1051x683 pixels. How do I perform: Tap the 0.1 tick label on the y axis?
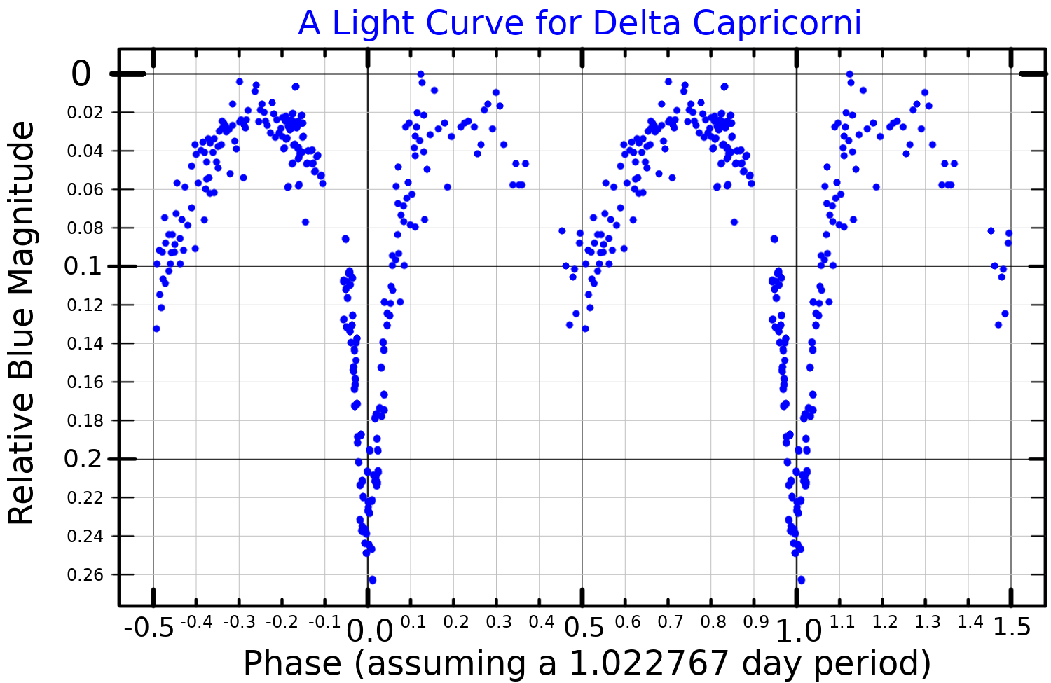click(x=82, y=266)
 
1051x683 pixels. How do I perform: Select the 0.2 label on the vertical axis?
click(x=82, y=459)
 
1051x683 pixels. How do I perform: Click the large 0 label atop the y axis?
click(x=81, y=74)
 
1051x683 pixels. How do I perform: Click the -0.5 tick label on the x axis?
click(x=149, y=628)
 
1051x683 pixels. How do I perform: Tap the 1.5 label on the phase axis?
click(x=1012, y=627)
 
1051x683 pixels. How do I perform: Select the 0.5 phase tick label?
click(x=584, y=628)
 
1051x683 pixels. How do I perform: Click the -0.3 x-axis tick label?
click(x=240, y=622)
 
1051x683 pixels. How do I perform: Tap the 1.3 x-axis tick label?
click(x=927, y=622)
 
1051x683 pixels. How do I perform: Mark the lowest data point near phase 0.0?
click(x=372, y=580)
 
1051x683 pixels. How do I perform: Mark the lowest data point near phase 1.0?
click(x=801, y=580)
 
